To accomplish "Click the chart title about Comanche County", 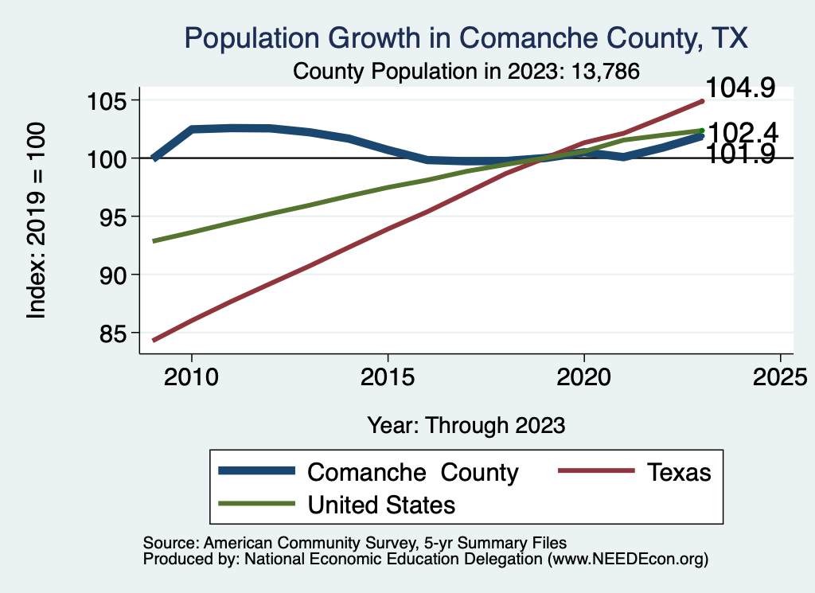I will [466, 37].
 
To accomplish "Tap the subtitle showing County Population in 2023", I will [466, 71].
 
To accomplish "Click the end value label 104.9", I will [740, 88].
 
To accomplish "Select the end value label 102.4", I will [742, 132].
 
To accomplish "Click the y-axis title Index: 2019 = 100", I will [37, 221].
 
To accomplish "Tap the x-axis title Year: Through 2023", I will [466, 425].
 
